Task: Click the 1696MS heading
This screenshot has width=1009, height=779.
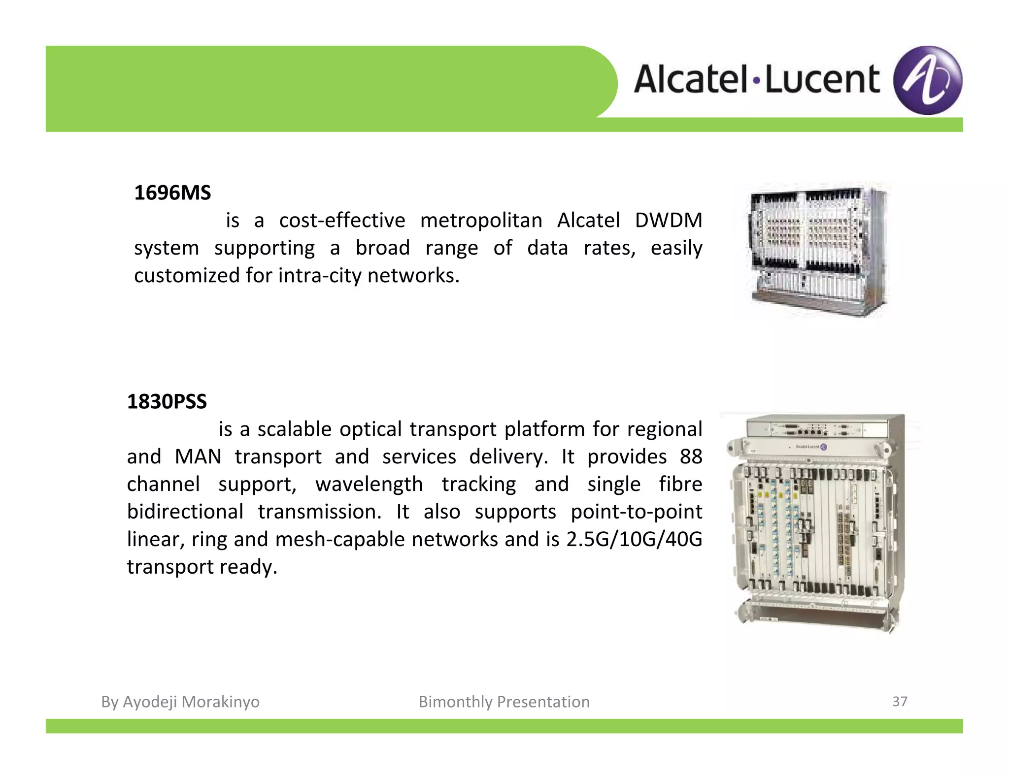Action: tap(172, 193)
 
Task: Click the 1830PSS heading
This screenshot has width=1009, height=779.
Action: tap(167, 401)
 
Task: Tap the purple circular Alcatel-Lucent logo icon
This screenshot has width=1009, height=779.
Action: tap(927, 80)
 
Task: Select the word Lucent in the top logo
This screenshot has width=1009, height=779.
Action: tap(822, 80)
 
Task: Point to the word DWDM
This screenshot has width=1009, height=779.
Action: tap(668, 220)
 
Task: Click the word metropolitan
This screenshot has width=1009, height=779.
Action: tap(481, 220)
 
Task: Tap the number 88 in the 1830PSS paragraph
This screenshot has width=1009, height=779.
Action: tap(691, 456)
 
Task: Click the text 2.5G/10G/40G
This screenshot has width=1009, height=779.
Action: tap(634, 539)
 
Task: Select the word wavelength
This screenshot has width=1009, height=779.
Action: tap(369, 484)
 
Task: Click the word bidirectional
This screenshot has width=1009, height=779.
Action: tap(185, 512)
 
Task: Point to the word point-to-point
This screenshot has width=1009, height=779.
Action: tap(637, 512)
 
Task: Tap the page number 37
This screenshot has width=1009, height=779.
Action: tap(900, 701)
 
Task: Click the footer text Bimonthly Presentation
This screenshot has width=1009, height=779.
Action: tap(504, 702)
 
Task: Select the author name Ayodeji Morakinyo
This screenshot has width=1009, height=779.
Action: tap(191, 702)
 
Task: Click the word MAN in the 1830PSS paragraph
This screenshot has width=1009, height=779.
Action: tap(198, 456)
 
